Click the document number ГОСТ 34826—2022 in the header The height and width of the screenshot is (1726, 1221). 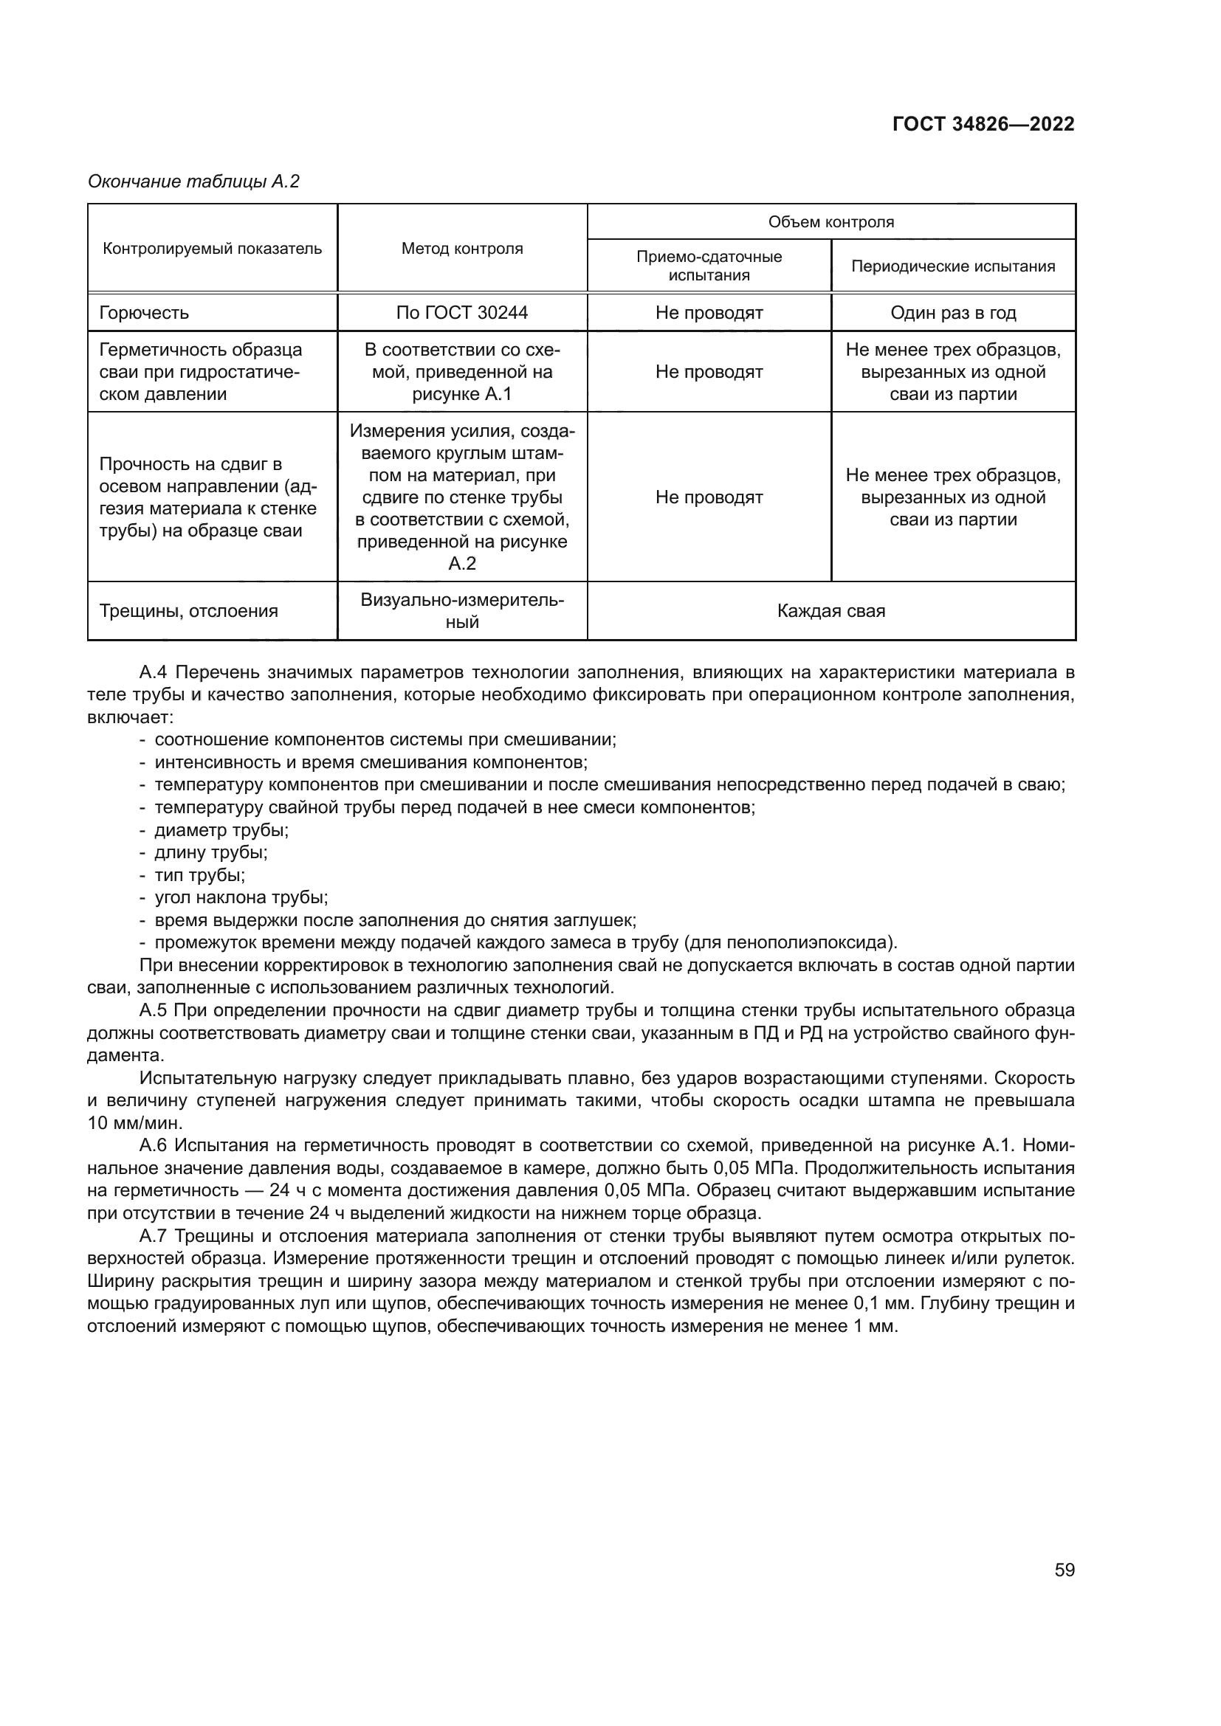point(983,124)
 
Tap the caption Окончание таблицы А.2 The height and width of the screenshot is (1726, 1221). point(193,182)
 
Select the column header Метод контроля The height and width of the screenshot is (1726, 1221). point(461,249)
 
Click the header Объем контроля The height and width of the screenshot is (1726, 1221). point(830,222)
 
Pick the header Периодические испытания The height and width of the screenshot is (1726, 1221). point(952,266)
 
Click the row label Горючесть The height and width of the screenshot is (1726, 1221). point(144,313)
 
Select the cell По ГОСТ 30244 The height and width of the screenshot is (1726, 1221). point(461,313)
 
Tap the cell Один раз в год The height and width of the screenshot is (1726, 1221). point(952,313)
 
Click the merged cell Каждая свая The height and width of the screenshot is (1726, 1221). point(830,611)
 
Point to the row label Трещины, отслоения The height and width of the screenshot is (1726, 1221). point(188,611)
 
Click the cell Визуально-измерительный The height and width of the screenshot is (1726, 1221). point(461,611)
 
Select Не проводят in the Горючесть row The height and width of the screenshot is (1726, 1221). point(709,313)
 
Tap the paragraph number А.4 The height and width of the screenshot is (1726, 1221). point(156,672)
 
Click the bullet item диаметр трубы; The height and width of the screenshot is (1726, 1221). point(221,831)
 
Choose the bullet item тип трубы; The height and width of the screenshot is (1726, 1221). point(199,876)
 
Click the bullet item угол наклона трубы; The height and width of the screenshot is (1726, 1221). point(241,898)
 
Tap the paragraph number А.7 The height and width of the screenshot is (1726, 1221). point(156,1237)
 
